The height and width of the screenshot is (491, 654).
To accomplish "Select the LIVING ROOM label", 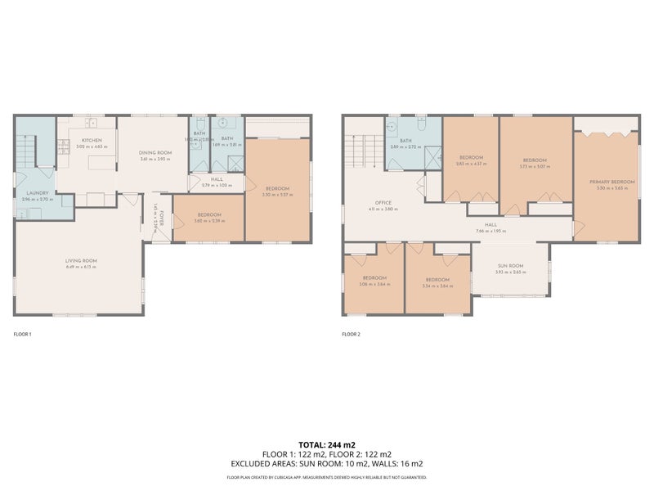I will tap(81, 260).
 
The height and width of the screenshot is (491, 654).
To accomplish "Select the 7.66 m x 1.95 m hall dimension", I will tap(490, 231).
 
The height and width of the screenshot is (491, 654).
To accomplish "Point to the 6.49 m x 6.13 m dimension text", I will tap(81, 267).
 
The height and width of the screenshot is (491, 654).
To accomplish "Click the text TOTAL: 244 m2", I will tap(326, 444).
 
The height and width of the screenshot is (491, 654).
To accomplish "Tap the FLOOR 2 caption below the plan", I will tap(352, 334).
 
